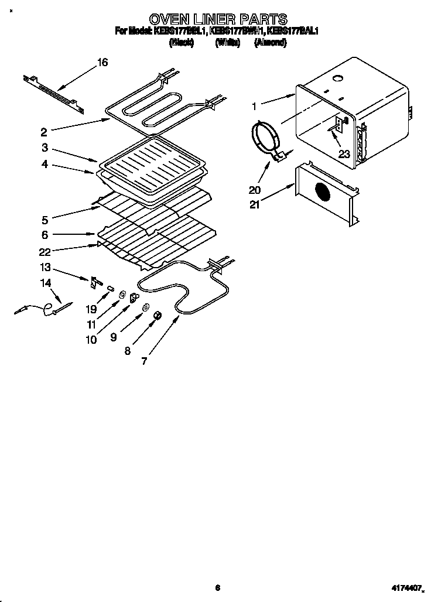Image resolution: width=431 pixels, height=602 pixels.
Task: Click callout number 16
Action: [102, 62]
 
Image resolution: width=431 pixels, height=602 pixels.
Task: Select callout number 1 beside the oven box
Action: [255, 107]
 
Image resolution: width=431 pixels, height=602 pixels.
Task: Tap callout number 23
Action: [344, 155]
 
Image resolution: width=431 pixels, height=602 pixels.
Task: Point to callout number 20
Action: [255, 190]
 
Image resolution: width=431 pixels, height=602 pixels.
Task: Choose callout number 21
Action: [255, 204]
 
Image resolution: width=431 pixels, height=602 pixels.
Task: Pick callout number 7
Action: [145, 361]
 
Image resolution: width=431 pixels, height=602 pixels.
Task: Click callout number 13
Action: [45, 268]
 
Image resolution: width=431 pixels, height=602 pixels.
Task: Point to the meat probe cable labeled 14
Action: [41, 309]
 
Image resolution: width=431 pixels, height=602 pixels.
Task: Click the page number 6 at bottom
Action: [217, 587]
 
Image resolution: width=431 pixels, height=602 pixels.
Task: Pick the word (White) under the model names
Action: [228, 42]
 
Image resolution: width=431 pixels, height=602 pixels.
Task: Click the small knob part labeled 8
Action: [157, 316]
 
